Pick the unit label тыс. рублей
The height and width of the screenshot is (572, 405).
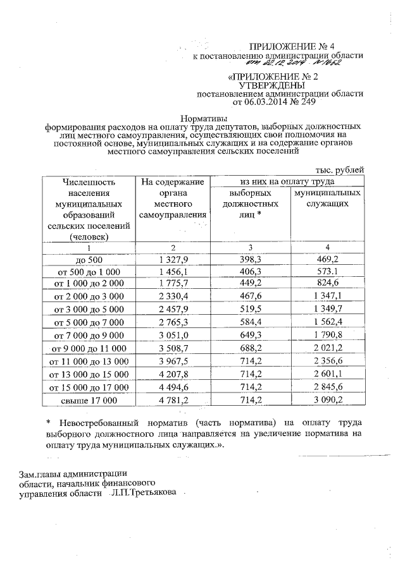[339, 169]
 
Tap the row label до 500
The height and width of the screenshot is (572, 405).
[89, 259]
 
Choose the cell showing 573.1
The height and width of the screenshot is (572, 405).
[327, 271]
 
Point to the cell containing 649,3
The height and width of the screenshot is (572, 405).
[251, 335]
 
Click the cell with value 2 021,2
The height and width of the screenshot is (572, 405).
[327, 348]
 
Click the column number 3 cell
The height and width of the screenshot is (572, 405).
[251, 246]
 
